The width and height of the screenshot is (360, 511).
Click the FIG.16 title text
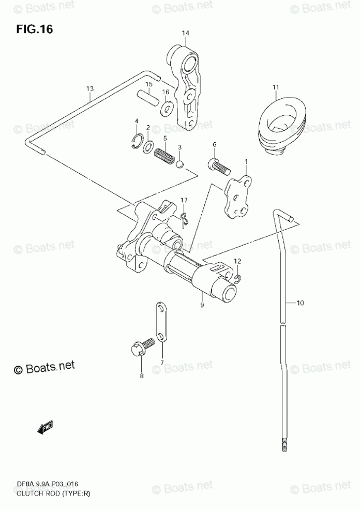coord(34,29)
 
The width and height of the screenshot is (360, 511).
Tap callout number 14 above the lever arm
coord(185,34)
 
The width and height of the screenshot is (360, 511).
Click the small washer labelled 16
coord(167,108)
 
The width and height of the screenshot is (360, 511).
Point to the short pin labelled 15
coord(146,96)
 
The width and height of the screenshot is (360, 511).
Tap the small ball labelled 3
coord(180,165)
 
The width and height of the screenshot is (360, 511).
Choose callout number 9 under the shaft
coord(202,305)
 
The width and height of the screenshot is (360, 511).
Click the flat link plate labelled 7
coord(161,323)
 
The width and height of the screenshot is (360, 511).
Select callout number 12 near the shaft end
coord(237,262)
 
